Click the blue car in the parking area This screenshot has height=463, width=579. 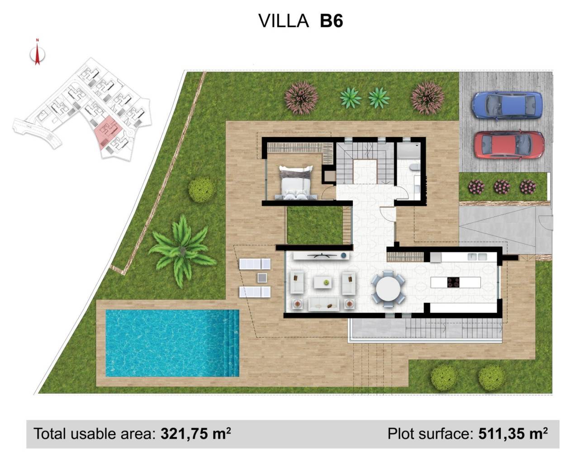(507, 105)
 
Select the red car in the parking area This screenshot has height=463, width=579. (509, 145)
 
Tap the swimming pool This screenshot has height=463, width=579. (172, 343)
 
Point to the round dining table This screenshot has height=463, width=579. (388, 289)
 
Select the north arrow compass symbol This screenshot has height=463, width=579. (38, 53)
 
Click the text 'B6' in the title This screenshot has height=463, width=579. (331, 21)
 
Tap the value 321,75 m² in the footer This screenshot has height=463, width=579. (196, 434)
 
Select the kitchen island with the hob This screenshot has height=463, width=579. (455, 282)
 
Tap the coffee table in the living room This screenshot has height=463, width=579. (323, 282)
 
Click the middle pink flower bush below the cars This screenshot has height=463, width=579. (501, 186)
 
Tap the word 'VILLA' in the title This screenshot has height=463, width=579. (284, 21)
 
